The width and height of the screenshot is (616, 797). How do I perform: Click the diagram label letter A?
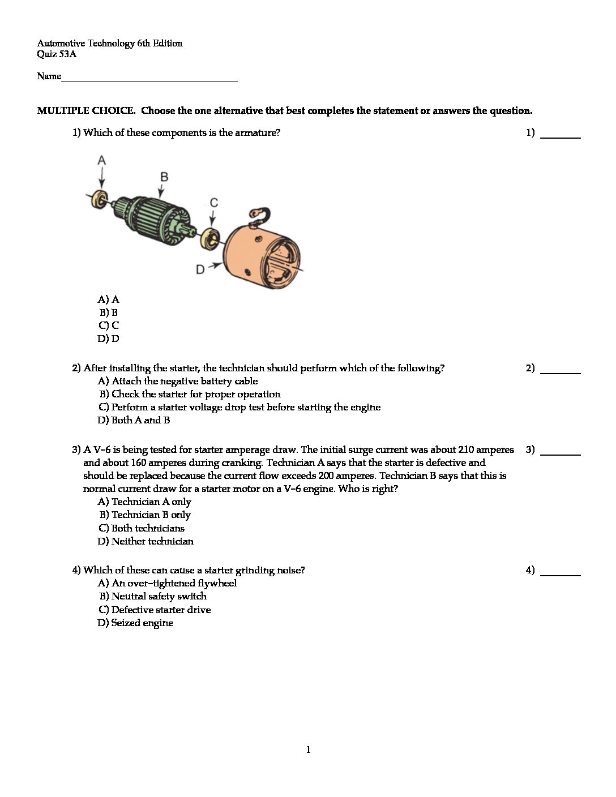click(x=101, y=160)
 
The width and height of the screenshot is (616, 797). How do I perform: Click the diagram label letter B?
click(x=164, y=177)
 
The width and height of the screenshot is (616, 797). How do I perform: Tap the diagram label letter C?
click(x=214, y=203)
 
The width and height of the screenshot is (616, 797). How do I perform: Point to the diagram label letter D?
click(x=200, y=269)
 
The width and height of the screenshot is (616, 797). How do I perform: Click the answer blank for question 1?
click(x=561, y=134)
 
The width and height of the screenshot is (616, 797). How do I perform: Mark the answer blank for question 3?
click(x=561, y=451)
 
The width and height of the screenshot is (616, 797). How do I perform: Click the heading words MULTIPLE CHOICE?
click(x=86, y=111)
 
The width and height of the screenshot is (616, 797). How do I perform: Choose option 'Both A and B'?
click(x=140, y=421)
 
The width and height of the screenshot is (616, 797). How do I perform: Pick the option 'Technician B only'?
click(x=151, y=515)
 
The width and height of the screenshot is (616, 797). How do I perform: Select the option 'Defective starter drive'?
click(x=161, y=610)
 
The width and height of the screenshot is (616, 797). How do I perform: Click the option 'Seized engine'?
click(x=142, y=623)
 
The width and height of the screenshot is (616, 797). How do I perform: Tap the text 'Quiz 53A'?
click(x=57, y=55)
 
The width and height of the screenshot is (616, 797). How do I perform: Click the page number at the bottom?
click(x=308, y=751)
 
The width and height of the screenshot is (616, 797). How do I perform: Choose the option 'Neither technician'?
click(x=152, y=542)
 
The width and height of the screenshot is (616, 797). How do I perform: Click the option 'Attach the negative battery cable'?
click(x=184, y=382)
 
